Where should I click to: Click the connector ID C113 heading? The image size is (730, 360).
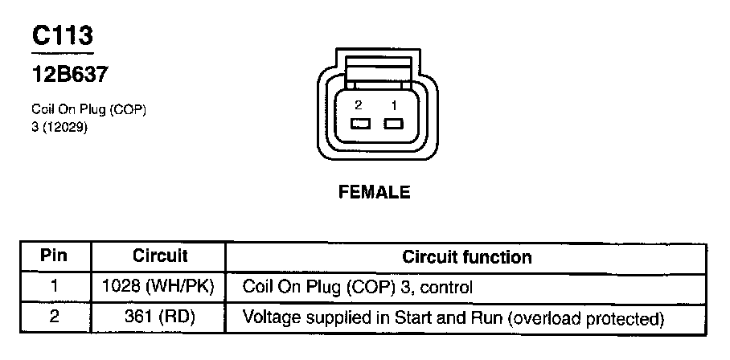(63, 35)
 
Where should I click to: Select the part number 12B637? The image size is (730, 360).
(70, 75)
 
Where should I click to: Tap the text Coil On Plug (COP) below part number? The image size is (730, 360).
(88, 109)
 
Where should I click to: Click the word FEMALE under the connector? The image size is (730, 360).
(375, 192)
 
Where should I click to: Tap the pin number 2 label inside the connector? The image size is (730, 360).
(358, 104)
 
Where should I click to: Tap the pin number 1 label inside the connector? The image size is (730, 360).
(394, 104)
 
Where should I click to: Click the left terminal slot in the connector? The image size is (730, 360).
(359, 125)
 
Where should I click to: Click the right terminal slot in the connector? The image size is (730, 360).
(393, 125)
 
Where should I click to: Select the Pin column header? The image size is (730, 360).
(55, 257)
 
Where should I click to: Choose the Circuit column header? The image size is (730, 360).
(160, 257)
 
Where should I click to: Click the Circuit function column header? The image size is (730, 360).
(466, 257)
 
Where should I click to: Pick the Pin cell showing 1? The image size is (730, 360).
(55, 286)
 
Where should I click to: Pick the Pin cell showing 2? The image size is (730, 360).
(55, 317)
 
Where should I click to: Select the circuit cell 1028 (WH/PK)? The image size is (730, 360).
(160, 286)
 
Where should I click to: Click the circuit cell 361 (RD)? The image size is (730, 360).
(160, 317)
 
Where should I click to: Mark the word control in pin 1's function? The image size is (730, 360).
(449, 286)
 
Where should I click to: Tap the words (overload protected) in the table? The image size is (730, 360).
(584, 317)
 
